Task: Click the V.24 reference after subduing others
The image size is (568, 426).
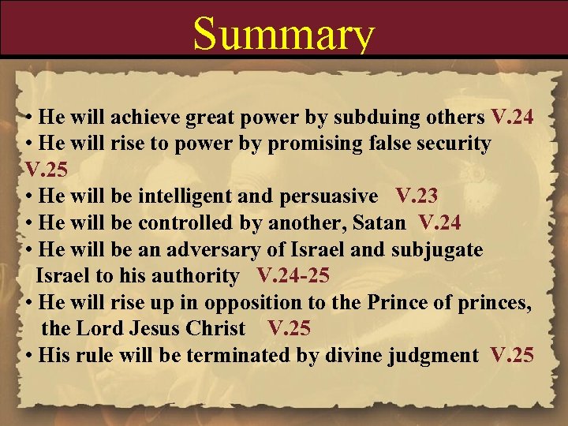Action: [x=512, y=118]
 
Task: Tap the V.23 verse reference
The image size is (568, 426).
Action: [x=417, y=196]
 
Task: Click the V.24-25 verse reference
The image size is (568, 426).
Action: [x=293, y=276]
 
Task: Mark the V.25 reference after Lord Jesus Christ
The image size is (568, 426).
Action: [x=290, y=328]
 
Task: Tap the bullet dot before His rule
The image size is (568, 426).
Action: [x=29, y=356]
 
